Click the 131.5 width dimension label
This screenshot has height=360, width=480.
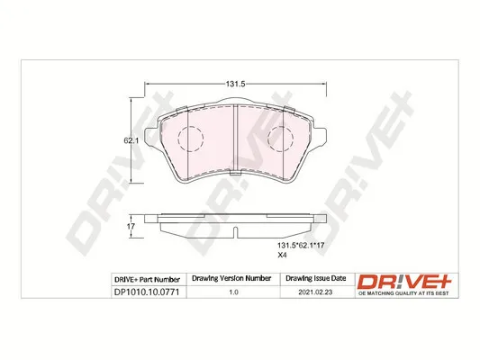[235, 84]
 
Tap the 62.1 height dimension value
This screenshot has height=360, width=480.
[131, 140]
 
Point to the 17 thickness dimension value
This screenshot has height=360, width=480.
[131, 227]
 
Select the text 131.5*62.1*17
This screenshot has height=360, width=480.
[300, 246]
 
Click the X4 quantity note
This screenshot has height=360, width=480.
[282, 255]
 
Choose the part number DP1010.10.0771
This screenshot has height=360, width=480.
[146, 292]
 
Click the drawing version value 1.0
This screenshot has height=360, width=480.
[233, 292]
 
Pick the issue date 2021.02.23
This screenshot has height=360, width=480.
[315, 292]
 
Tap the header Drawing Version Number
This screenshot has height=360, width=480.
[231, 278]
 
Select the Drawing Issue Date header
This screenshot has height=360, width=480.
[315, 278]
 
